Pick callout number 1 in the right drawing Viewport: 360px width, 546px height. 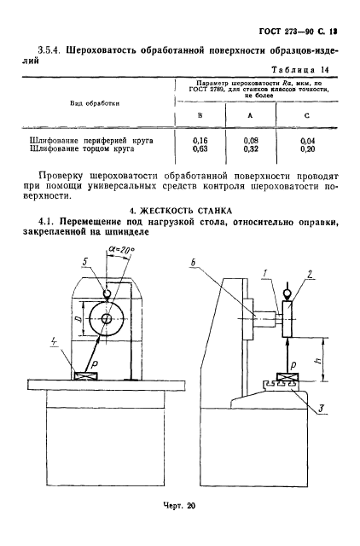(267, 273)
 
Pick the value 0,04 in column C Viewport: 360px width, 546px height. (305, 138)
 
